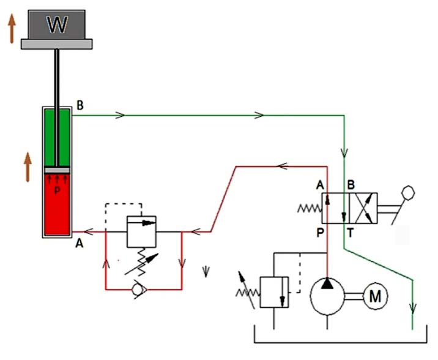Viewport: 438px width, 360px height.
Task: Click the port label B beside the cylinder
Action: click(80, 105)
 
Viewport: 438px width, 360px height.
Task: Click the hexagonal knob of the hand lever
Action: click(409, 192)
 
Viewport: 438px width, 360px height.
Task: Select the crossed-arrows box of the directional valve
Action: click(363, 209)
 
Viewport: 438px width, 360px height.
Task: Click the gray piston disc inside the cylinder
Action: click(56, 170)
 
